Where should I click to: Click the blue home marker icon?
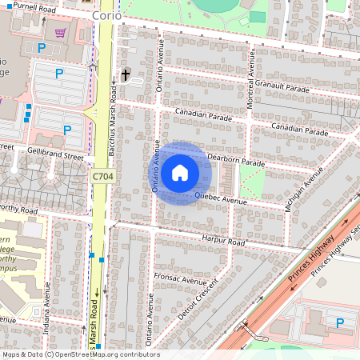pyautogui.click(x=180, y=172)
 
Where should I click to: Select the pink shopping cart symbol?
pyautogui.click(x=60, y=33)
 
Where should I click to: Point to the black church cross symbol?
pyautogui.click(x=125, y=75)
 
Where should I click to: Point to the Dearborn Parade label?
pyautogui.click(x=236, y=162)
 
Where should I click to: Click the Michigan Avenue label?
pyautogui.click(x=305, y=187)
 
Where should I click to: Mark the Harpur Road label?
pyautogui.click(x=223, y=240)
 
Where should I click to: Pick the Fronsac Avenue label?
pyautogui.click(x=181, y=282)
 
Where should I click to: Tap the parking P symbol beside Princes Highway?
pyautogui.click(x=340, y=323)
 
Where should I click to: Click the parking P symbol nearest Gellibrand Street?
pyautogui.click(x=67, y=129)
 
